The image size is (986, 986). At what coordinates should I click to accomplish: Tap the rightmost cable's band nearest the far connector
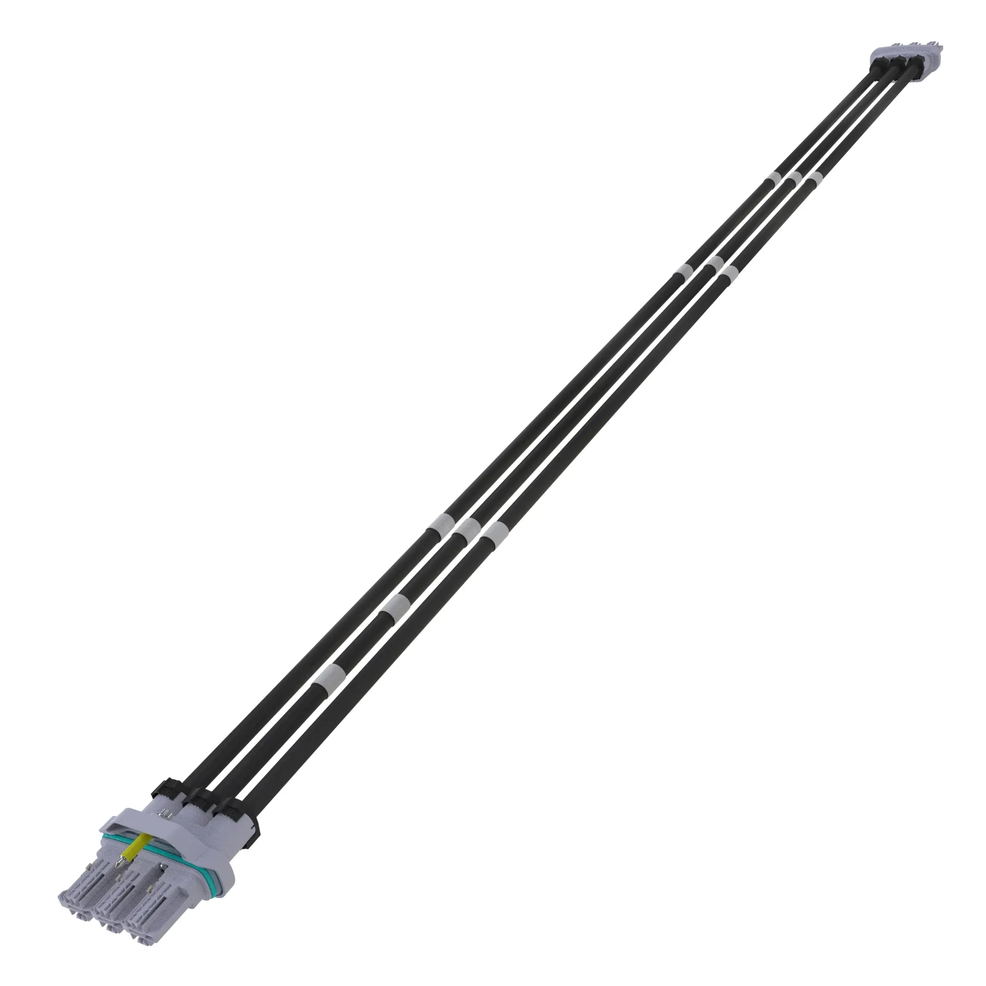tap(814, 178)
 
